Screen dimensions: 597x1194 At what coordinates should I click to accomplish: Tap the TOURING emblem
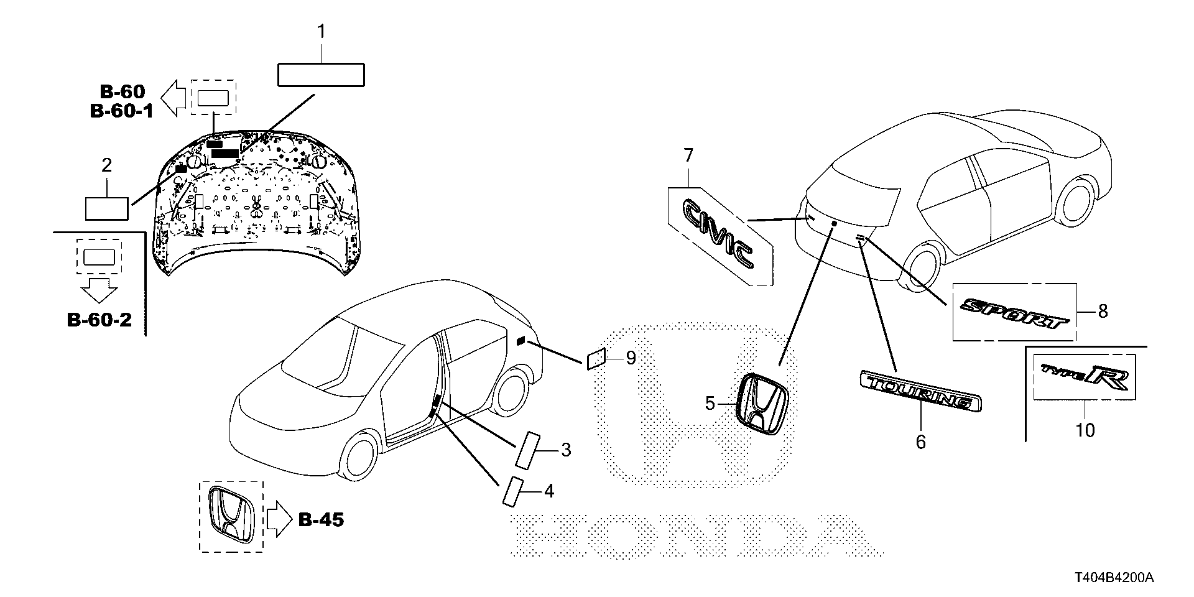click(x=920, y=391)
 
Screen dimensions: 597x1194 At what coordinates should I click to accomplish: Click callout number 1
click(x=321, y=31)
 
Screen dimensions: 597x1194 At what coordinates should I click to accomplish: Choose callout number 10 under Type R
click(x=1085, y=430)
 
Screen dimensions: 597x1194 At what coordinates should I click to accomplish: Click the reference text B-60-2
click(x=99, y=320)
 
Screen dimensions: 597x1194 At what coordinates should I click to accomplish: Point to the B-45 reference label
click(x=321, y=520)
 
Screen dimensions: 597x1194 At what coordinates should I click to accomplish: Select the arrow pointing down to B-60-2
click(x=99, y=289)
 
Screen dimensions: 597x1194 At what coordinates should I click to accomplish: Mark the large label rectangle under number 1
click(x=320, y=75)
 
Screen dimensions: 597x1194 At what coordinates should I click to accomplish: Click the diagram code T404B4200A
click(x=1113, y=578)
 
